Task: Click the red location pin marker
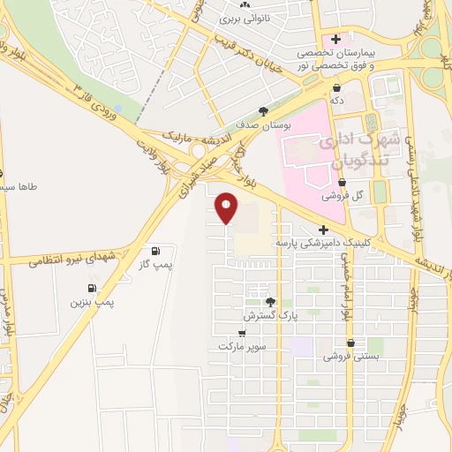[227, 207]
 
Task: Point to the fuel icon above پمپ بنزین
[92, 289]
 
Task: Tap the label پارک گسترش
[267, 314]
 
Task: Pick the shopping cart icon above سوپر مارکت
[242, 334]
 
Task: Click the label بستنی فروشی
[350, 356]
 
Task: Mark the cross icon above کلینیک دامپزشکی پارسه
[325, 230]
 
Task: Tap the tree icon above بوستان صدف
[263, 111]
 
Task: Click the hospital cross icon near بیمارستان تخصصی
[335, 39]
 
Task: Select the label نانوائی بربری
[243, 18]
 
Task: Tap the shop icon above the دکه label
[337, 87]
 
